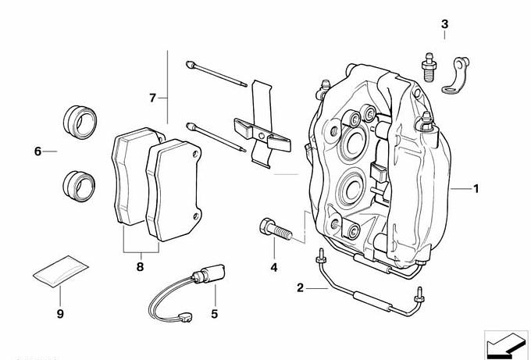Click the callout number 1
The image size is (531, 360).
click(476, 188)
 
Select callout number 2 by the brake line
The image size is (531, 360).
click(300, 287)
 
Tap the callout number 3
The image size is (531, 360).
click(444, 24)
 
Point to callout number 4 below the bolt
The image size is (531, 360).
click(274, 267)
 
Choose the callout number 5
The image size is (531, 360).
click(212, 314)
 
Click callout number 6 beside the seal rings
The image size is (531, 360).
click(37, 151)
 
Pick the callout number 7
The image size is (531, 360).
click(153, 98)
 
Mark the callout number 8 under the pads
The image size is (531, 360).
click(141, 267)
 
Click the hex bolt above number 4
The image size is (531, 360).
click(272, 230)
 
